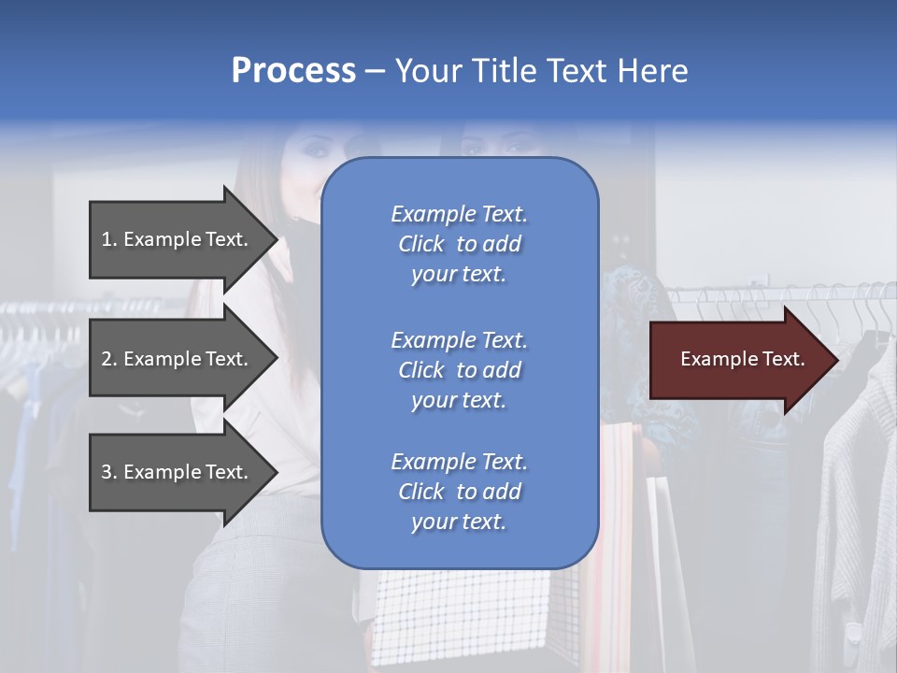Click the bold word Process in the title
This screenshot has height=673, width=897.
tap(293, 71)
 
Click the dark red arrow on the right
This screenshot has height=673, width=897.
tap(738, 360)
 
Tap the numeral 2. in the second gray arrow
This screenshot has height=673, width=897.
tap(109, 359)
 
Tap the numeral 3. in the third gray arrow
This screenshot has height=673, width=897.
tap(109, 472)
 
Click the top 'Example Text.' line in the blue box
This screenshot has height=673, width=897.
tap(459, 214)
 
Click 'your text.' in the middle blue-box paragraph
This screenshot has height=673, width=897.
tap(459, 400)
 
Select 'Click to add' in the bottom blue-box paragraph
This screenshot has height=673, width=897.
tap(459, 492)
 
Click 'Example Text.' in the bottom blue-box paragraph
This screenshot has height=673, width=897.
tap(459, 462)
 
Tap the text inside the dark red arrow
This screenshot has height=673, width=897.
tap(742, 359)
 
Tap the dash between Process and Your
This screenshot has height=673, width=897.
tap(376, 71)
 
